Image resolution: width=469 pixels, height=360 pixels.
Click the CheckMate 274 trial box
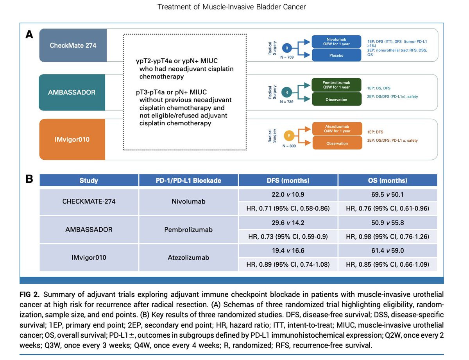(x=73, y=45)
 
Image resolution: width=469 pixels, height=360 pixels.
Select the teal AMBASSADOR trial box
(x=72, y=92)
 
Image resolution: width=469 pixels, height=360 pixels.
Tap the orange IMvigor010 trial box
(x=72, y=139)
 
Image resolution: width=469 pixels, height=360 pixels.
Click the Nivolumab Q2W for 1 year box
(x=336, y=42)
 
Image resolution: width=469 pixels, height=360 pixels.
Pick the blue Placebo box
(x=336, y=55)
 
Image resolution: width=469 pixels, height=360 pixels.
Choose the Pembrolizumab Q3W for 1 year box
(x=336, y=85)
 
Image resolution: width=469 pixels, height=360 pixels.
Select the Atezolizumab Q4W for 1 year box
(x=337, y=129)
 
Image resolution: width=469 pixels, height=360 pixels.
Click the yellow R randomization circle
(x=289, y=136)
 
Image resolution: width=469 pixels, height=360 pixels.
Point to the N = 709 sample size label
(x=287, y=57)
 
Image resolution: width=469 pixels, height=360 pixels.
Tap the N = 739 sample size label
(x=286, y=102)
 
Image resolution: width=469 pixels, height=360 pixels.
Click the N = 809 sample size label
(x=289, y=146)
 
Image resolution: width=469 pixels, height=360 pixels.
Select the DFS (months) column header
(x=288, y=180)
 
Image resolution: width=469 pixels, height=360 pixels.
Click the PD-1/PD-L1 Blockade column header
(x=188, y=180)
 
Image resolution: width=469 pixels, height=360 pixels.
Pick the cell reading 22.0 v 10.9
(x=288, y=195)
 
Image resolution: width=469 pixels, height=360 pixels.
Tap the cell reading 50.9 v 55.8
(x=388, y=223)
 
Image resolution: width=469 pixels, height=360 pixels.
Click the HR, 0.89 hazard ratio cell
(x=288, y=264)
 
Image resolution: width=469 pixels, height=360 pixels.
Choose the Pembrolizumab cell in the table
(x=188, y=230)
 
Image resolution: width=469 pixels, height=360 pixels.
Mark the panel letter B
(x=29, y=179)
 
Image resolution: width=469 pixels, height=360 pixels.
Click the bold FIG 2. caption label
(x=30, y=294)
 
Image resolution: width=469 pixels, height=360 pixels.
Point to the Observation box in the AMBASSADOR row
(x=337, y=100)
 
